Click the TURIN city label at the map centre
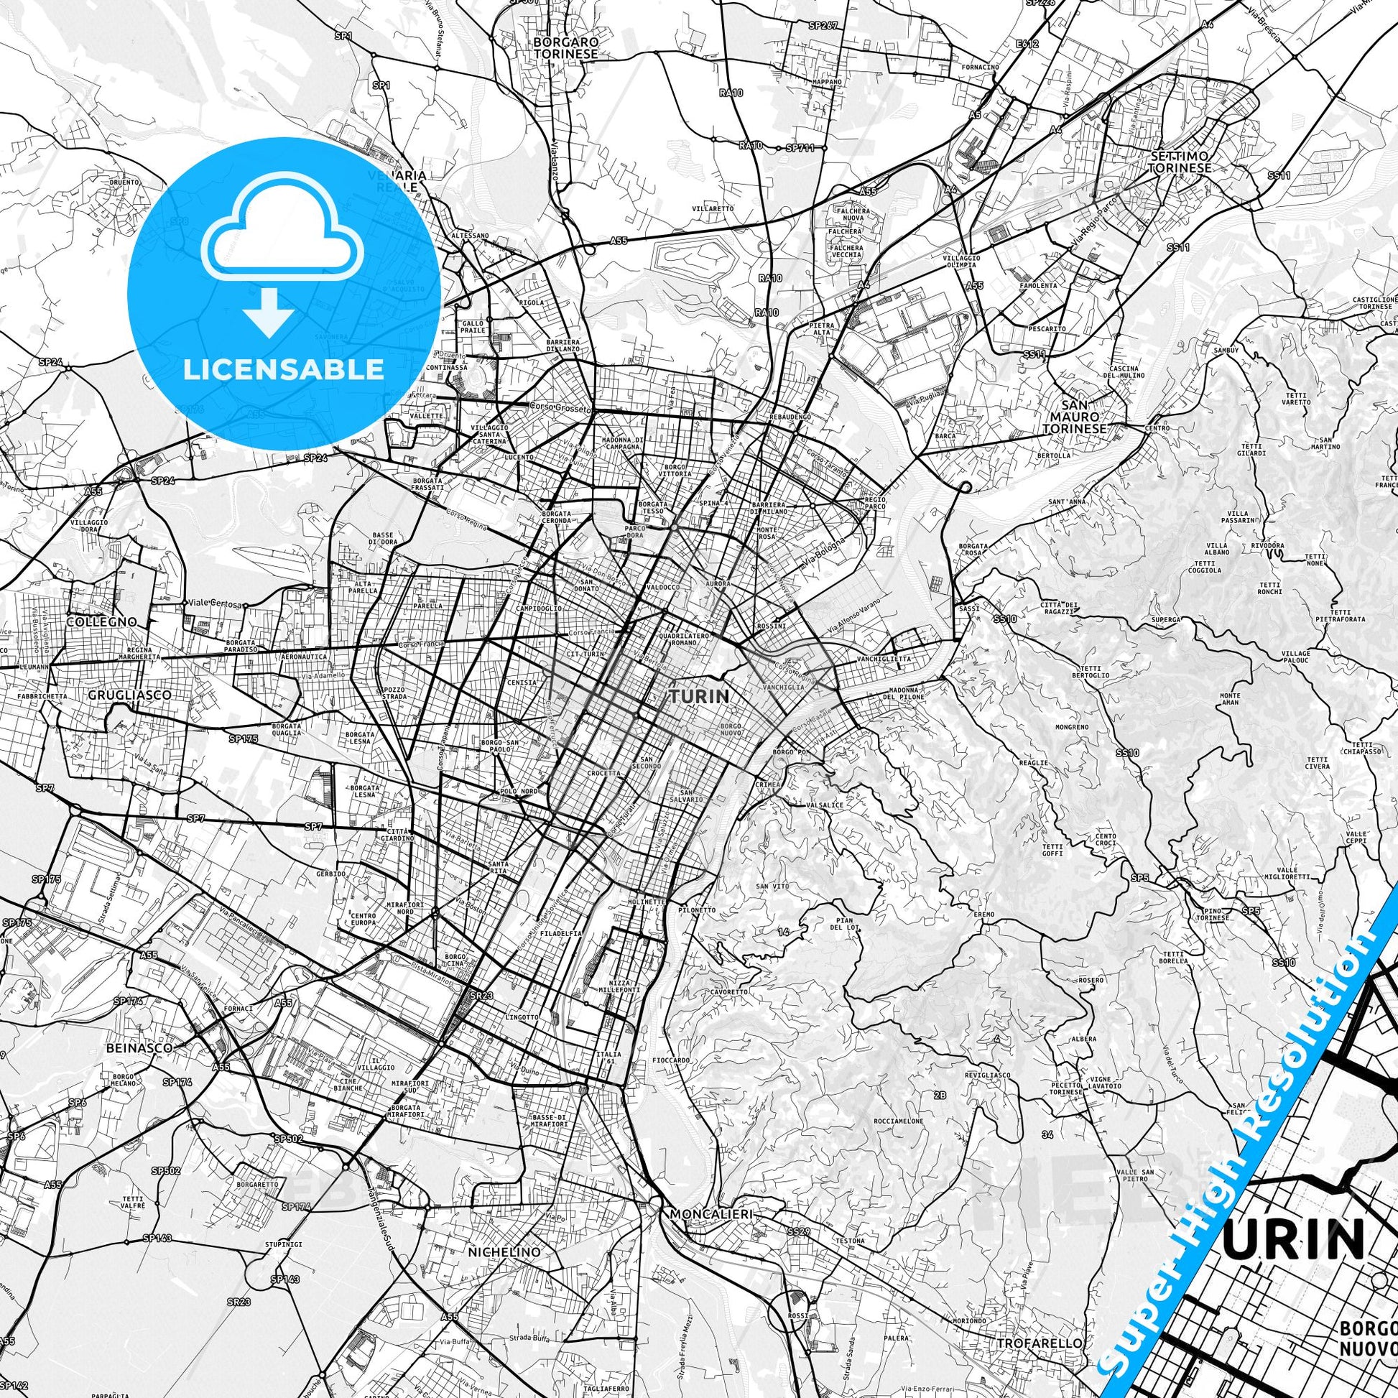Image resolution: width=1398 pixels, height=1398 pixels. (x=699, y=696)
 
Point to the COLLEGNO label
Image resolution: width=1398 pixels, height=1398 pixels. (x=101, y=621)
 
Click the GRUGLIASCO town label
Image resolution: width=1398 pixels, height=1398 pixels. (x=129, y=695)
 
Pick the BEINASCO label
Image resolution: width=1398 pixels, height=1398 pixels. (x=139, y=1047)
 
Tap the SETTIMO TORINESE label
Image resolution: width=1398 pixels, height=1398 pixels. (x=1181, y=162)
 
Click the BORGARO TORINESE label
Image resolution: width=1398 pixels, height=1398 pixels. (x=566, y=47)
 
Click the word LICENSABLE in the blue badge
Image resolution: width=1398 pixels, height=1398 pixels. (x=284, y=370)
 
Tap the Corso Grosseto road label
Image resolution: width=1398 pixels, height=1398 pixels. (x=561, y=408)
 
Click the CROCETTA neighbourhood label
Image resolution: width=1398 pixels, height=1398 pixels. (x=604, y=773)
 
